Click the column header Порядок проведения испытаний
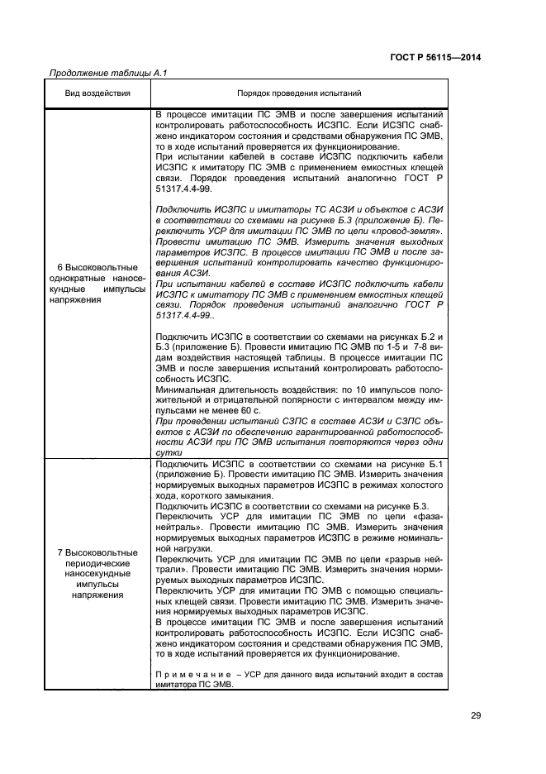pyautogui.click(x=298, y=94)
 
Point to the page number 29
pyautogui.click(x=475, y=716)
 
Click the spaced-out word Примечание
pyautogui.click(x=189, y=676)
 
